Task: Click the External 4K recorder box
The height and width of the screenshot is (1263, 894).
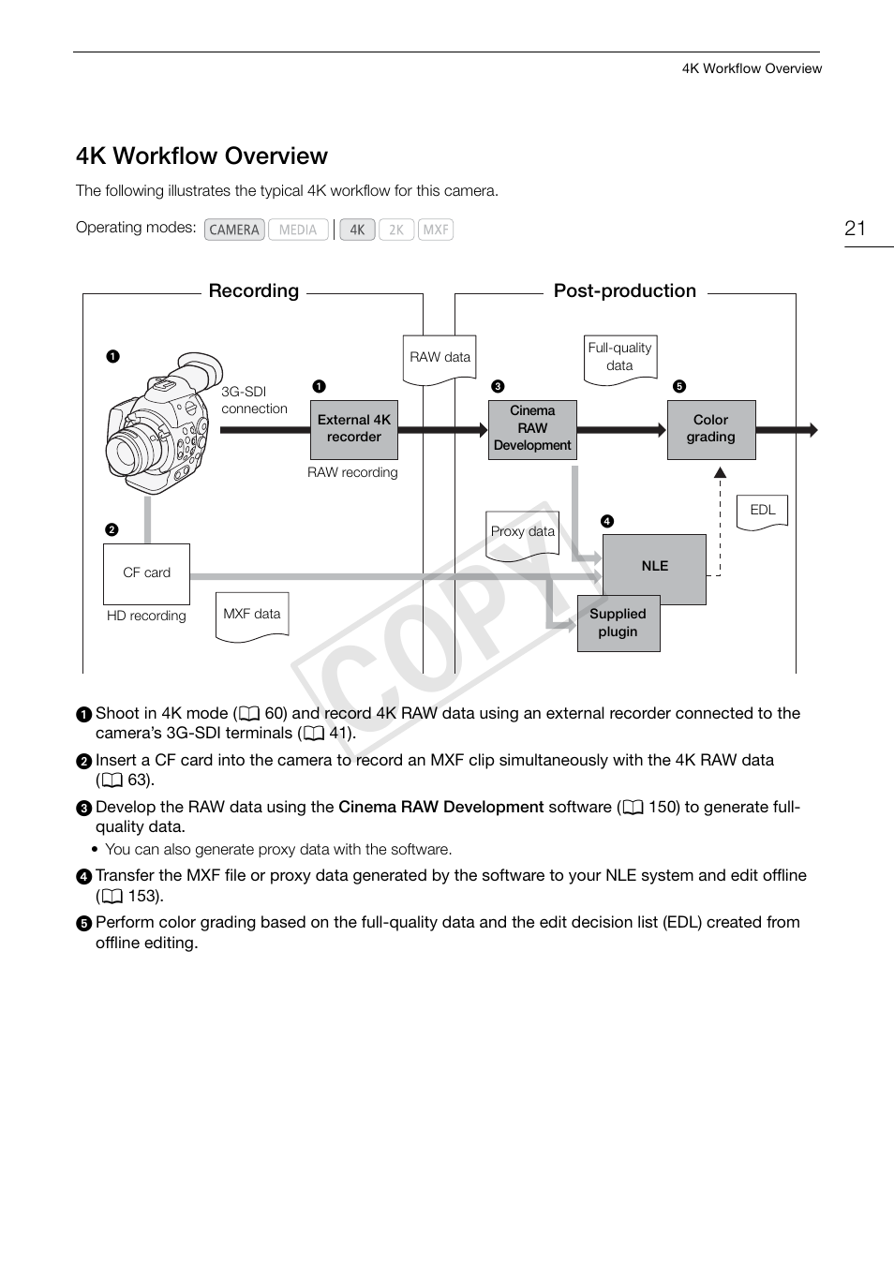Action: (x=353, y=429)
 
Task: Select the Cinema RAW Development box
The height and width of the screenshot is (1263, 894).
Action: (x=531, y=429)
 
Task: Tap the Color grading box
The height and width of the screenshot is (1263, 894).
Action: (x=710, y=429)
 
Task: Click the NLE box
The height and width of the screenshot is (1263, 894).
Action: (x=654, y=566)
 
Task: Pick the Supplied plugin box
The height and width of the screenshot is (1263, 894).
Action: (x=618, y=623)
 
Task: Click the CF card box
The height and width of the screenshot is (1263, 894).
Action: (x=146, y=573)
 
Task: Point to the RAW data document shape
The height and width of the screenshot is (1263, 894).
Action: (x=440, y=359)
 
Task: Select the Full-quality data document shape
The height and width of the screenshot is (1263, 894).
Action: (x=619, y=358)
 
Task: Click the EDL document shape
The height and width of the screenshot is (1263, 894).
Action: (x=762, y=512)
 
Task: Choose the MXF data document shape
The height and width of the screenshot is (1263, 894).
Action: (x=251, y=616)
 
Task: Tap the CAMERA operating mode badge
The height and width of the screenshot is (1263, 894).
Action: (x=234, y=230)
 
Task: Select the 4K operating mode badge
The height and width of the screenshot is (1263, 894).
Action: (x=357, y=230)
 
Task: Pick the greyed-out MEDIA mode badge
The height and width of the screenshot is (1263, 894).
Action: (x=298, y=230)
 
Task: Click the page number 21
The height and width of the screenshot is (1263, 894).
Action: (x=855, y=229)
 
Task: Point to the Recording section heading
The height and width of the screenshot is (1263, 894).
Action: (x=253, y=290)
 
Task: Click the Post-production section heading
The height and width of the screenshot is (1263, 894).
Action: (x=624, y=290)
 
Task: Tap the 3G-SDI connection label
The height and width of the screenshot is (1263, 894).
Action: (x=254, y=400)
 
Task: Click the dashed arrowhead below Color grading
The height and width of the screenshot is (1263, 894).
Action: (x=720, y=473)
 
